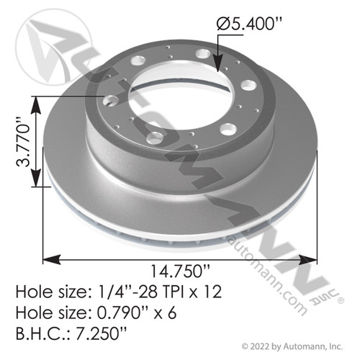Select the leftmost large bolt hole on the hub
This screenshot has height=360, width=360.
coord(113,101)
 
